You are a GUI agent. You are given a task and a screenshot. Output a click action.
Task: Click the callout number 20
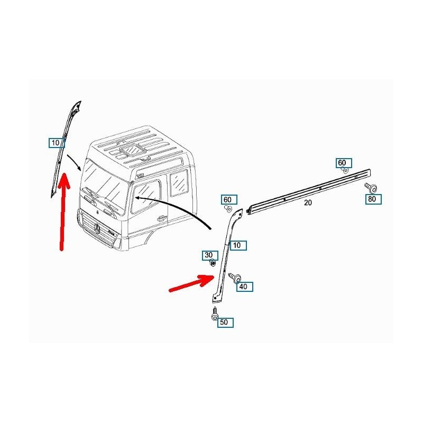click(x=308, y=203)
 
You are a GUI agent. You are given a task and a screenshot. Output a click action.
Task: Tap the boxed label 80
click(x=373, y=199)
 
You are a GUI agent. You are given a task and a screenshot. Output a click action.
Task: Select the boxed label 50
click(x=226, y=323)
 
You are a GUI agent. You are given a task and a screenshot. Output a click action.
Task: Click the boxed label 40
click(x=245, y=287)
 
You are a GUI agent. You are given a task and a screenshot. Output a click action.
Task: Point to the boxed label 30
click(x=210, y=255)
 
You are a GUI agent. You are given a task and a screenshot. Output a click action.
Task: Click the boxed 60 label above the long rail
click(x=344, y=163)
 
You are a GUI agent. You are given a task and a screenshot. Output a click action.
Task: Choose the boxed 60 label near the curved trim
click(x=229, y=200)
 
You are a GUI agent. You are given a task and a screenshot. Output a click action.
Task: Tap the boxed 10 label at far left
click(x=57, y=143)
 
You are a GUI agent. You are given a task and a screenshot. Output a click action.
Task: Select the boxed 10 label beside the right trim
click(x=238, y=245)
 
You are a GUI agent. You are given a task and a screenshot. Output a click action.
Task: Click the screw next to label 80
click(x=371, y=188)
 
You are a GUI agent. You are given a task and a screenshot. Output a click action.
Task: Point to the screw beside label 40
click(x=235, y=278)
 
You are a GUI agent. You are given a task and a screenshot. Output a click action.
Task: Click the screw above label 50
click(x=215, y=314)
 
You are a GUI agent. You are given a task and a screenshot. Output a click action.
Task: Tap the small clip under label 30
click(x=213, y=263)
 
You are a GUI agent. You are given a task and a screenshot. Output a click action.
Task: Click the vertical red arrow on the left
click(x=63, y=212)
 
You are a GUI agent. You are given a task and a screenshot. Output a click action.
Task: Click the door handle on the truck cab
click(x=162, y=217)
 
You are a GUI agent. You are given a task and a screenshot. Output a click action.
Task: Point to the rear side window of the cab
click(x=179, y=182)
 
